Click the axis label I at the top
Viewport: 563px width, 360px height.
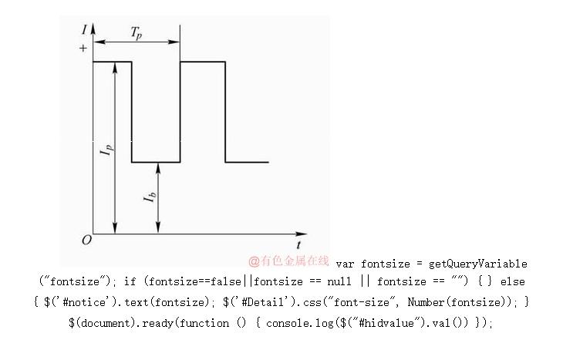tap(83, 30)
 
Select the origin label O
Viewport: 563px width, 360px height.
tap(86, 240)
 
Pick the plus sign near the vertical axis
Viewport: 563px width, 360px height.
tap(83, 49)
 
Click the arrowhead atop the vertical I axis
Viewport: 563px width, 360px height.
tap(93, 29)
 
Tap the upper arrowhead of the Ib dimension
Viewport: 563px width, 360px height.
tap(157, 167)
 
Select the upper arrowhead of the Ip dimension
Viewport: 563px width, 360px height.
tap(114, 66)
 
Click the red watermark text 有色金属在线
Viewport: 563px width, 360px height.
tap(289, 261)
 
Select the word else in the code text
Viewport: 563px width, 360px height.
tap(512, 282)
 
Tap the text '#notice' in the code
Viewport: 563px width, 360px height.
tap(79, 301)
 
